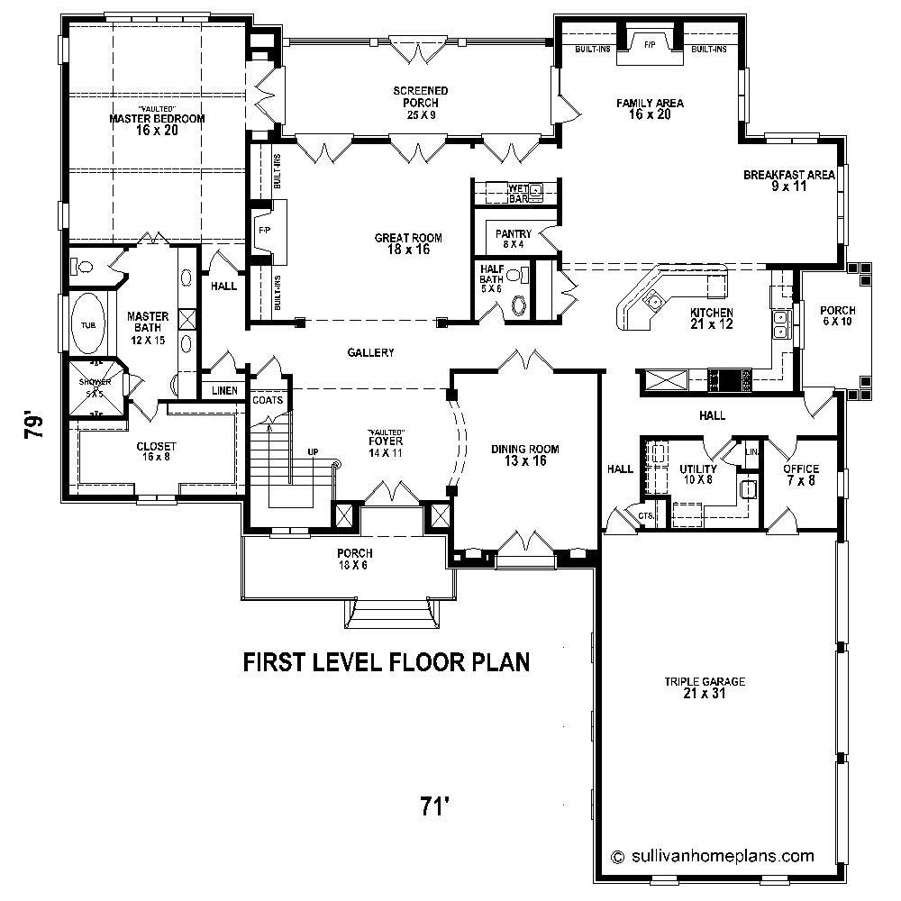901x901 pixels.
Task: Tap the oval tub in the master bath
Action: pos(87,323)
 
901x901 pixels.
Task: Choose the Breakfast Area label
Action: pos(788,180)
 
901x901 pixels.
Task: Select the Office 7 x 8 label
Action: pos(800,474)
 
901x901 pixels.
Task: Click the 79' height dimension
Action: pos(33,424)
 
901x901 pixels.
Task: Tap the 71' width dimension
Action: pos(434,805)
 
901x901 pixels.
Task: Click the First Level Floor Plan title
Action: pos(386,662)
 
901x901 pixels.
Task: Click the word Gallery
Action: pos(370,353)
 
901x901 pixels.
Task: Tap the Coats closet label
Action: pos(268,399)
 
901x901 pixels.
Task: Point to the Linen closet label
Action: pos(224,391)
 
